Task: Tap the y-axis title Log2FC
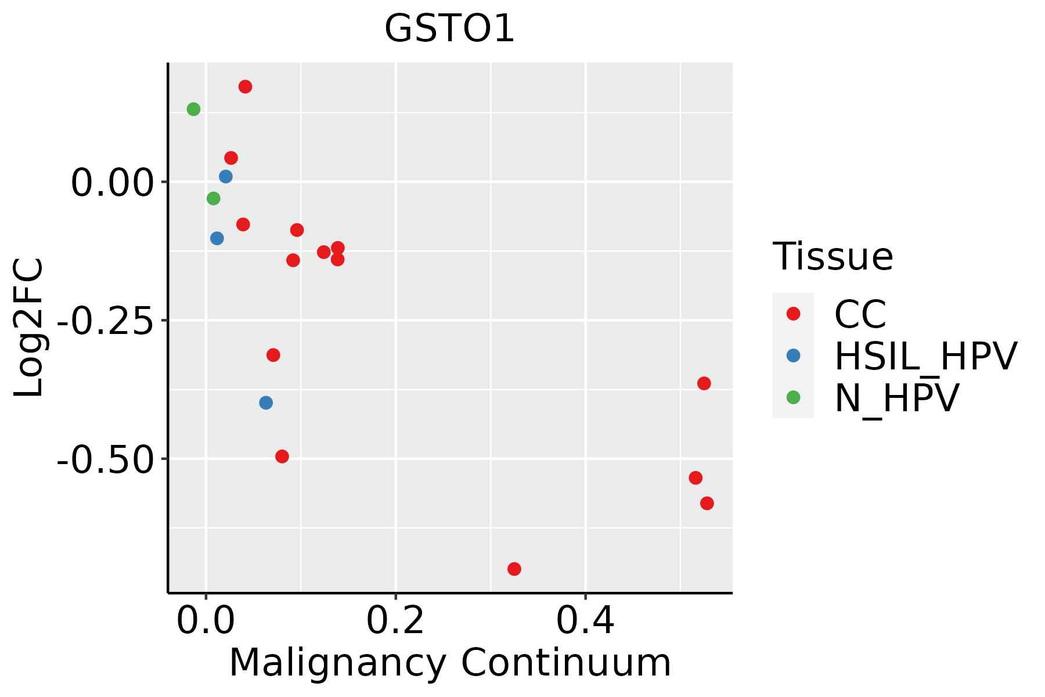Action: [29, 328]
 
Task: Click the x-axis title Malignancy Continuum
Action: [450, 663]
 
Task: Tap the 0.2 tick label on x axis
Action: [395, 621]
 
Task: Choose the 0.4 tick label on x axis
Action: [585, 621]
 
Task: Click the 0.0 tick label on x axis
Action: [206, 621]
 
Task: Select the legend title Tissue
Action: [833, 256]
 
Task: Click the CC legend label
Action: [860, 314]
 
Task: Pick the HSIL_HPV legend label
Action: [925, 356]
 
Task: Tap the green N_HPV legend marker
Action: [793, 397]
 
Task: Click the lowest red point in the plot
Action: [514, 569]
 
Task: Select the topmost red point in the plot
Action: [245, 87]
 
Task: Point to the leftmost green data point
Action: [193, 109]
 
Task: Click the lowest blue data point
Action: [266, 403]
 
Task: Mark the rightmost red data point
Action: [707, 503]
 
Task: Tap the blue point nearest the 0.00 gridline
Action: [226, 177]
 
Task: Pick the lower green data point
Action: [214, 199]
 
